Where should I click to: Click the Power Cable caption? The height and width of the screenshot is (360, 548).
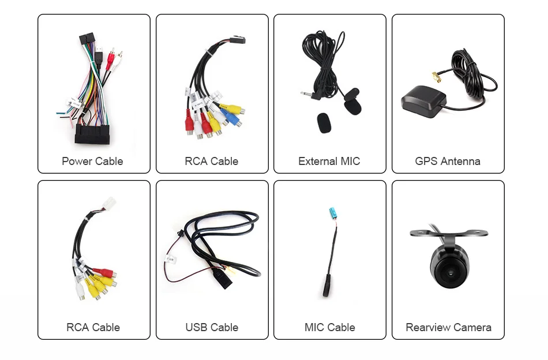point(92,161)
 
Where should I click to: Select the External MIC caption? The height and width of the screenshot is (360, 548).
point(329,161)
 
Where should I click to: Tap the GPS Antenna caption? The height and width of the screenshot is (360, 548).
point(448,161)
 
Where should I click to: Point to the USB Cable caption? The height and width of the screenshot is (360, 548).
point(212,327)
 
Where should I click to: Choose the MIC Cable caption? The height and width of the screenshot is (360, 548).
point(329,327)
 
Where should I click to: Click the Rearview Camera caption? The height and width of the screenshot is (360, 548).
point(448,327)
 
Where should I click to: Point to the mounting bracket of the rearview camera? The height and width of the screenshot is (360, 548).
point(449,234)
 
